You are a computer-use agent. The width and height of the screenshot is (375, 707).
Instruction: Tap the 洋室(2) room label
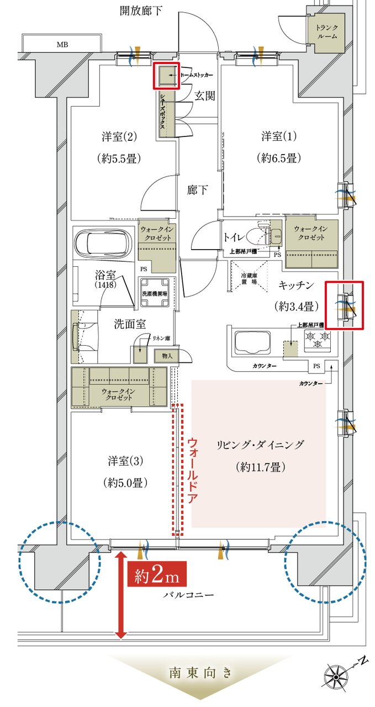[x=119, y=136]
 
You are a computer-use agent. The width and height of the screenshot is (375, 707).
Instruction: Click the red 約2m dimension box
[x=155, y=576]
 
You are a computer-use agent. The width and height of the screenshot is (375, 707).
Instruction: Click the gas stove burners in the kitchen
[x=316, y=339]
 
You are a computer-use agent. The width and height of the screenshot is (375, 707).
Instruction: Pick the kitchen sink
[x=252, y=342]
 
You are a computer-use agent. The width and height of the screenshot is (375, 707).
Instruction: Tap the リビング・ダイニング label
[x=260, y=445]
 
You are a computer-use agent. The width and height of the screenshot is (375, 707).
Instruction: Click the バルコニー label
[x=188, y=595]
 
